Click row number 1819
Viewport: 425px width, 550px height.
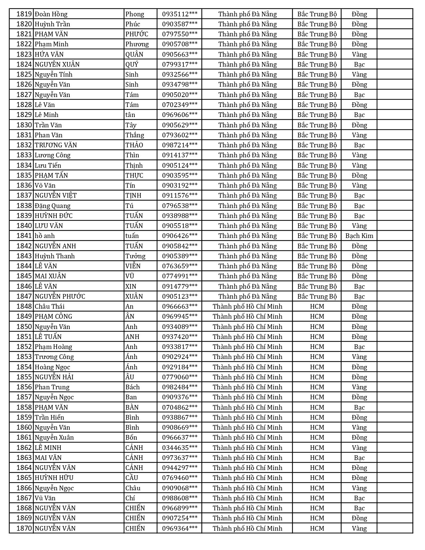[x=24, y=14]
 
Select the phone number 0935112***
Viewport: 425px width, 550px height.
[x=180, y=14]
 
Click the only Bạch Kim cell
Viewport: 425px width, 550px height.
[x=359, y=236]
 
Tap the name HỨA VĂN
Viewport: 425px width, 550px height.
[x=49, y=54]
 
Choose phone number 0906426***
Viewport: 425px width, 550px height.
[x=180, y=236]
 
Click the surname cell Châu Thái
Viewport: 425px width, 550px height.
[x=50, y=306]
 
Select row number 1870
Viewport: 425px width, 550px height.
[x=24, y=528]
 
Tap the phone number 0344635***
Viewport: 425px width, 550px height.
[x=180, y=448]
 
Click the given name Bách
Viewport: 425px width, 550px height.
[x=132, y=387]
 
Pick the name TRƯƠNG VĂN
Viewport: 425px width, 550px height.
[x=56, y=145]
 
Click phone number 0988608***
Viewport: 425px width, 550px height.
[x=180, y=498]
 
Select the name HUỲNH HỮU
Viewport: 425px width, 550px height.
[x=54, y=478]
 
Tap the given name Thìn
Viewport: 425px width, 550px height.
[x=132, y=155]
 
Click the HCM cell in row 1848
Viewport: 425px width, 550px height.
[x=317, y=306]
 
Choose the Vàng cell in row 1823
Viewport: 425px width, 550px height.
[x=359, y=54]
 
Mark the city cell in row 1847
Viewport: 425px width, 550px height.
[x=247, y=296]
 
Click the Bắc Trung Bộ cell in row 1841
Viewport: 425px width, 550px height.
[x=317, y=236]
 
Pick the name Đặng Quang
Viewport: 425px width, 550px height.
[x=52, y=206]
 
